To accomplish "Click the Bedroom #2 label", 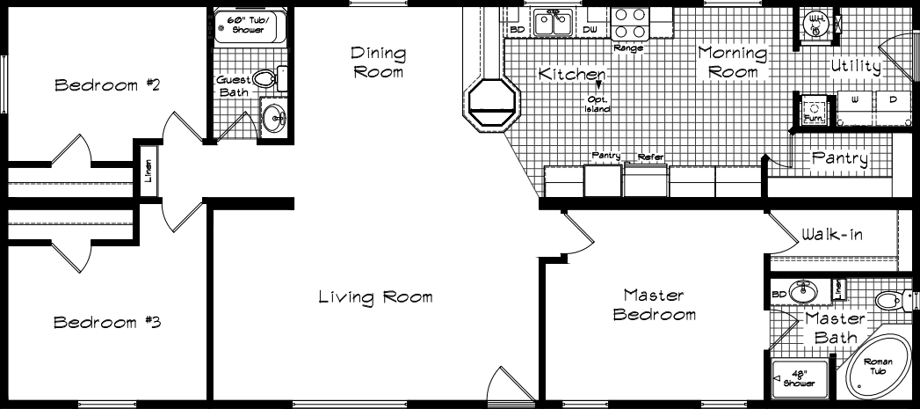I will (x=106, y=85).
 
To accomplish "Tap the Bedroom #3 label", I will (x=106, y=322).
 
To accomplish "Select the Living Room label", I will (x=375, y=297).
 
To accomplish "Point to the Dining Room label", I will (x=379, y=62).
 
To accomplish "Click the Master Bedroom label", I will (x=654, y=304).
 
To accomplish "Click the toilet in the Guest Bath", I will (x=272, y=79).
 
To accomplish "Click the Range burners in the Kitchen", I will (x=627, y=21).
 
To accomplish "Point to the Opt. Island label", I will (x=598, y=104).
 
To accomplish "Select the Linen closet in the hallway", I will (x=149, y=167).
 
